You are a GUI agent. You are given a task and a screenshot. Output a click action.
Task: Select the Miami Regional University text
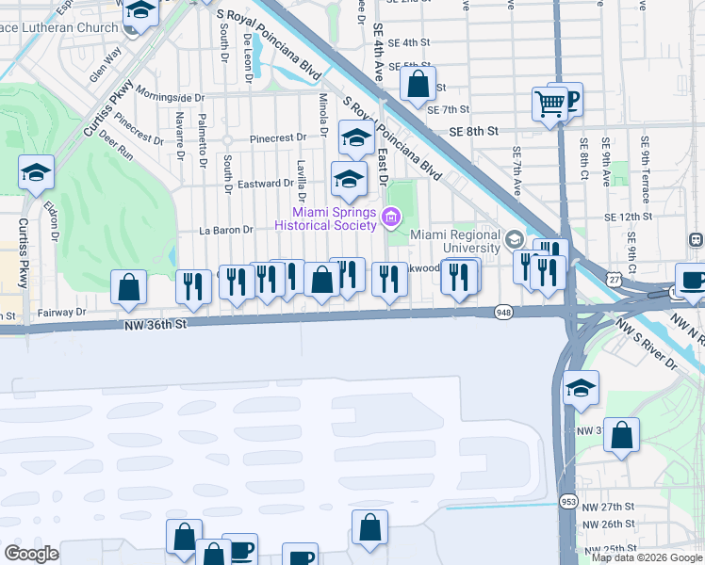click(x=453, y=241)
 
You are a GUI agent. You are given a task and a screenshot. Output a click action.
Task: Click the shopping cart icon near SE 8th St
click(x=549, y=102)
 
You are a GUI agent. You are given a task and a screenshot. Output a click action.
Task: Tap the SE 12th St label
click(x=629, y=217)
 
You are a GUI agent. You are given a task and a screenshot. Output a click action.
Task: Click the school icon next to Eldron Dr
click(x=36, y=172)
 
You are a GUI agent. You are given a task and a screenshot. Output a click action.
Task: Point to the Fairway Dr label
click(x=62, y=311)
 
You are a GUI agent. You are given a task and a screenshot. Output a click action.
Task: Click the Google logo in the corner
click(x=31, y=554)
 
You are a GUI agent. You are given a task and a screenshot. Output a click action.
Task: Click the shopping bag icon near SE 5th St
click(x=418, y=84)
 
